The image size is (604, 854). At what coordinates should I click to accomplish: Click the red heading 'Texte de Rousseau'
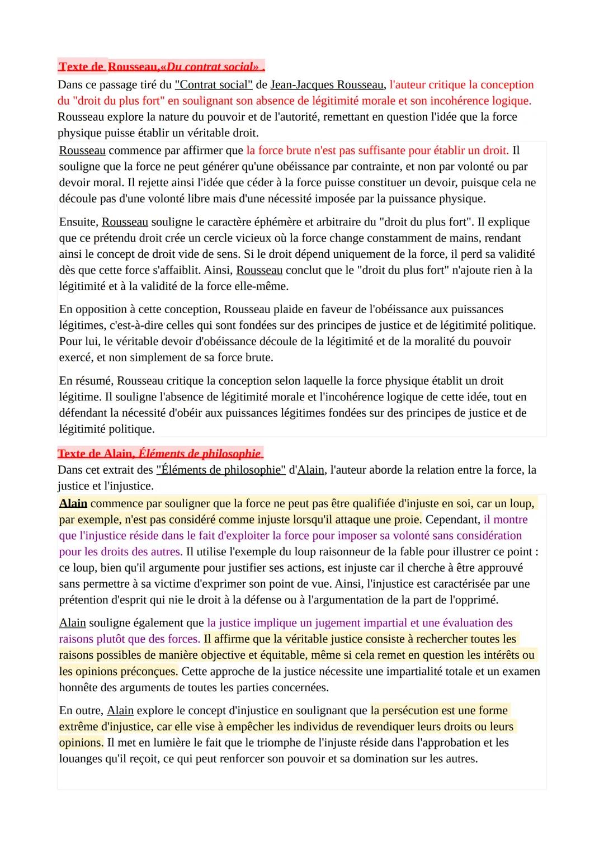pyautogui.click(x=161, y=67)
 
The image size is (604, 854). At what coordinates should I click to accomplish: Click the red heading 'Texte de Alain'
pyautogui.click(x=161, y=454)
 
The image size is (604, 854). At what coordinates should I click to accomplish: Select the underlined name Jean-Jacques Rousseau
pyautogui.click(x=327, y=85)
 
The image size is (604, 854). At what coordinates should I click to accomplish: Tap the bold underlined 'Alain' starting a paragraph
pyautogui.click(x=73, y=503)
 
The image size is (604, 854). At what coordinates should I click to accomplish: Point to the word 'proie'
pyautogui.click(x=407, y=520)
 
